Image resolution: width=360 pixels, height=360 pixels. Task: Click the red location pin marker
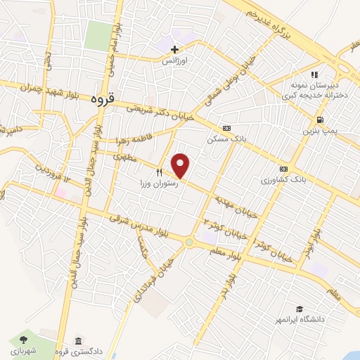[x=181, y=166]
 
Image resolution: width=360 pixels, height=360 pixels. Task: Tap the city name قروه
[x=102, y=100]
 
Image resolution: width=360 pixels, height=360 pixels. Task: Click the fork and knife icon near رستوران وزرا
[x=160, y=172]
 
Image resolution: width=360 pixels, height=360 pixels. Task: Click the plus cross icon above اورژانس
[x=175, y=49]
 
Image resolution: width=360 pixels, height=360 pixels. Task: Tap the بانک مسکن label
[x=225, y=139]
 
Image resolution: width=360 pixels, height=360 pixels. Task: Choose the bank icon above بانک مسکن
[x=226, y=129]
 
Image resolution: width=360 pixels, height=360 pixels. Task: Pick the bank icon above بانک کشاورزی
[x=283, y=169]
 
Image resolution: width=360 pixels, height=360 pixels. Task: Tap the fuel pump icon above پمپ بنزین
[x=320, y=120]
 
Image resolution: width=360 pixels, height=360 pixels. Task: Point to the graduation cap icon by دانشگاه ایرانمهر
[x=300, y=309]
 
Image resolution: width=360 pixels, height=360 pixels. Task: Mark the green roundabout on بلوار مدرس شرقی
[x=190, y=243]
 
